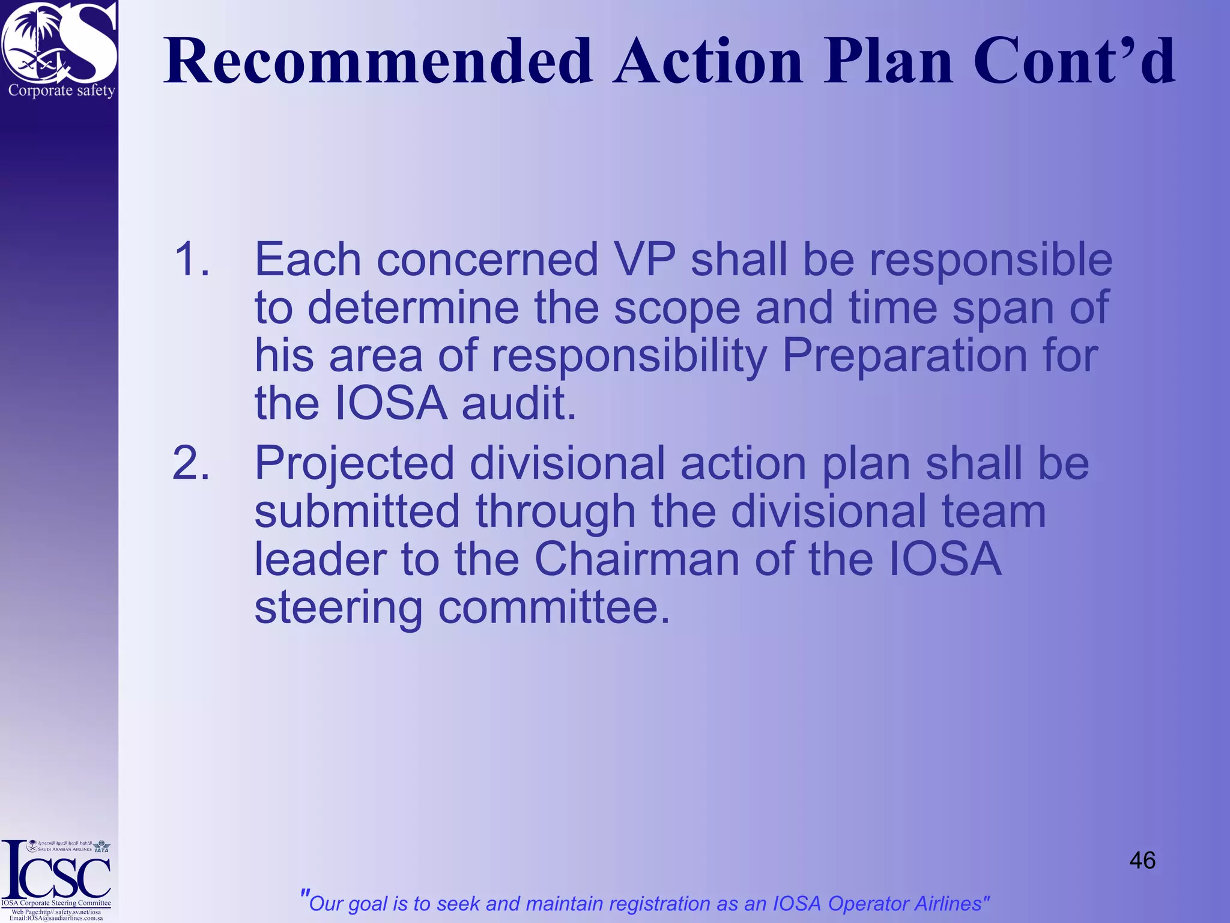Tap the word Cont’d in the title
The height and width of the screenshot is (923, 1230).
(x=1073, y=61)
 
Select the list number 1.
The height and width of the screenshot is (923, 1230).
(x=192, y=260)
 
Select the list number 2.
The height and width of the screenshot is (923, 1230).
(x=191, y=463)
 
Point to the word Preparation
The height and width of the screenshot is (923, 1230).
(x=904, y=355)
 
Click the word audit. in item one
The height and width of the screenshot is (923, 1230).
(x=518, y=403)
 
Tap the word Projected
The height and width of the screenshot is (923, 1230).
(x=354, y=463)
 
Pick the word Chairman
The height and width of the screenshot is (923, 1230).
(x=637, y=559)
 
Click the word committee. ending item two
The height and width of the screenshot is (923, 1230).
(x=553, y=608)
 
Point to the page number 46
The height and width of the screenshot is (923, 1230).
(x=1142, y=861)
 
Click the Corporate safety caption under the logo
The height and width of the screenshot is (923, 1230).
(x=61, y=91)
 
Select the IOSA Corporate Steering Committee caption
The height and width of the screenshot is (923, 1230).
(x=56, y=903)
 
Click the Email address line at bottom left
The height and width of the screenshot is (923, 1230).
(x=56, y=918)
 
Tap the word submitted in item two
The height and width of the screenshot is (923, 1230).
(x=357, y=511)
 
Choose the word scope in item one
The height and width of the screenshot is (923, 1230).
(x=677, y=307)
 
